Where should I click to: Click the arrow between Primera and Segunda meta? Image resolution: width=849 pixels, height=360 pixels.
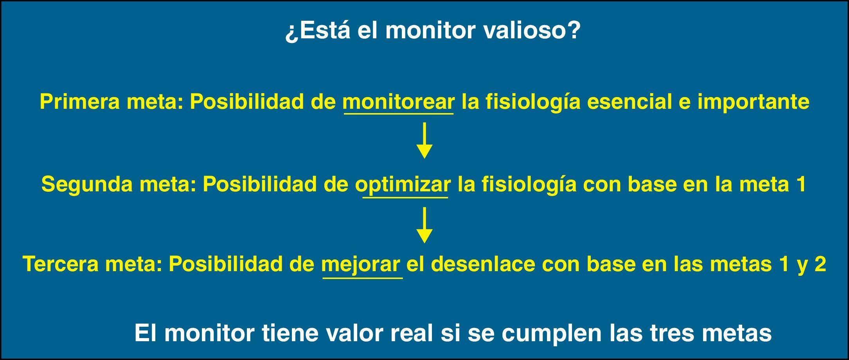(424, 140)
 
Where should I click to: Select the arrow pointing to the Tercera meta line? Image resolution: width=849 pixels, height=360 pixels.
(424, 225)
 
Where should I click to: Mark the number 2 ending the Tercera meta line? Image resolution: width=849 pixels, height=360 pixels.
(820, 264)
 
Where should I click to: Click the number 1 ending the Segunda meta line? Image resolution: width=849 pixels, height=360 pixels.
(800, 184)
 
